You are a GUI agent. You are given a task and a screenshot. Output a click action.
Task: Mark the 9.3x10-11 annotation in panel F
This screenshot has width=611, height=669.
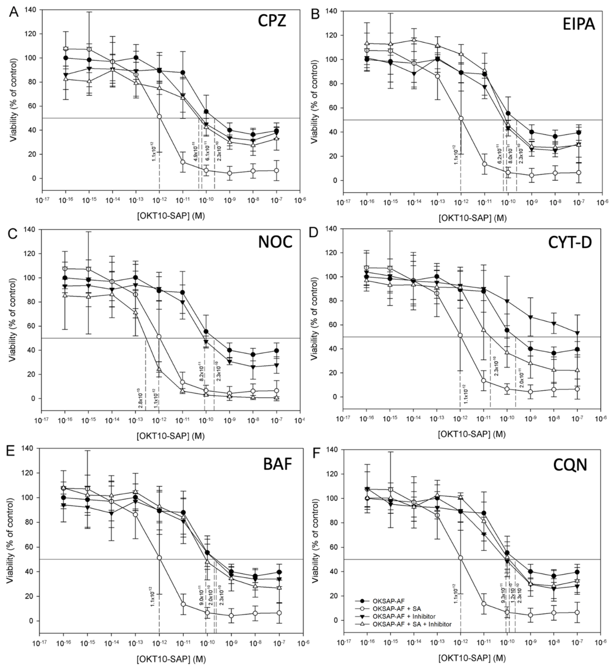click(x=503, y=593)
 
